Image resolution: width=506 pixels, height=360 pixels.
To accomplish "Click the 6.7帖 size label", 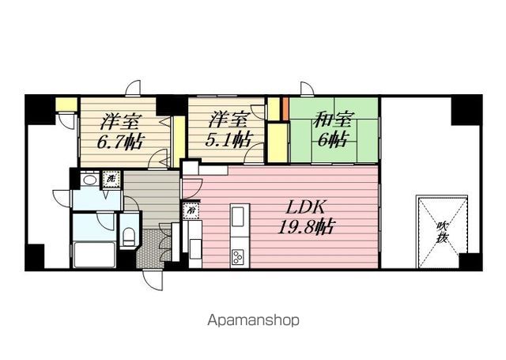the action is pyautogui.click(x=120, y=141).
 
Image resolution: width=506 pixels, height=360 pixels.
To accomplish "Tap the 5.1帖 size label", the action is pyautogui.click(x=228, y=140).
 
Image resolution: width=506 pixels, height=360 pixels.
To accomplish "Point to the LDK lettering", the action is pyautogui.click(x=305, y=208).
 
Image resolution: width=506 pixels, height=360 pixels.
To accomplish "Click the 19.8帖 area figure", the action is pyautogui.click(x=306, y=227).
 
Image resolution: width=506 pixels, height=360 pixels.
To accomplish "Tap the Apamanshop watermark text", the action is pyautogui.click(x=253, y=320).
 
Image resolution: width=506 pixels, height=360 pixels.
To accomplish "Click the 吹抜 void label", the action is pyautogui.click(x=442, y=232).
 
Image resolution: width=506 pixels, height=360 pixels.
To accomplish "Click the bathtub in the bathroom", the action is pyautogui.click(x=95, y=255).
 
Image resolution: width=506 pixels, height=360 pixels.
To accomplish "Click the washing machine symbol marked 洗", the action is pyautogui.click(x=111, y=179).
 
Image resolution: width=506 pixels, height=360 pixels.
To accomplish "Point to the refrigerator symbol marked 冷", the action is pyautogui.click(x=191, y=210).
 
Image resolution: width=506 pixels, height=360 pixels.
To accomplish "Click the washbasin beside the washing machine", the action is pyautogui.click(x=89, y=180).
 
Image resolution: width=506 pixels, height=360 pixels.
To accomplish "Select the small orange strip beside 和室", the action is pyautogui.click(x=285, y=108).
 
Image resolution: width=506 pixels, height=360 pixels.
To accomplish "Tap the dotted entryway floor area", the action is pyautogui.click(x=150, y=248).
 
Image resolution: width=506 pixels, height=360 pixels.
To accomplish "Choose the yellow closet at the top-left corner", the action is pyautogui.click(x=66, y=104).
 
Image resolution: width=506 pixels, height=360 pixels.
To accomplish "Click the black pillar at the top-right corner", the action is pyautogui.click(x=466, y=110).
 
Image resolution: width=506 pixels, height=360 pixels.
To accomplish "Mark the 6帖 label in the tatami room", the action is pyautogui.click(x=332, y=139).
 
